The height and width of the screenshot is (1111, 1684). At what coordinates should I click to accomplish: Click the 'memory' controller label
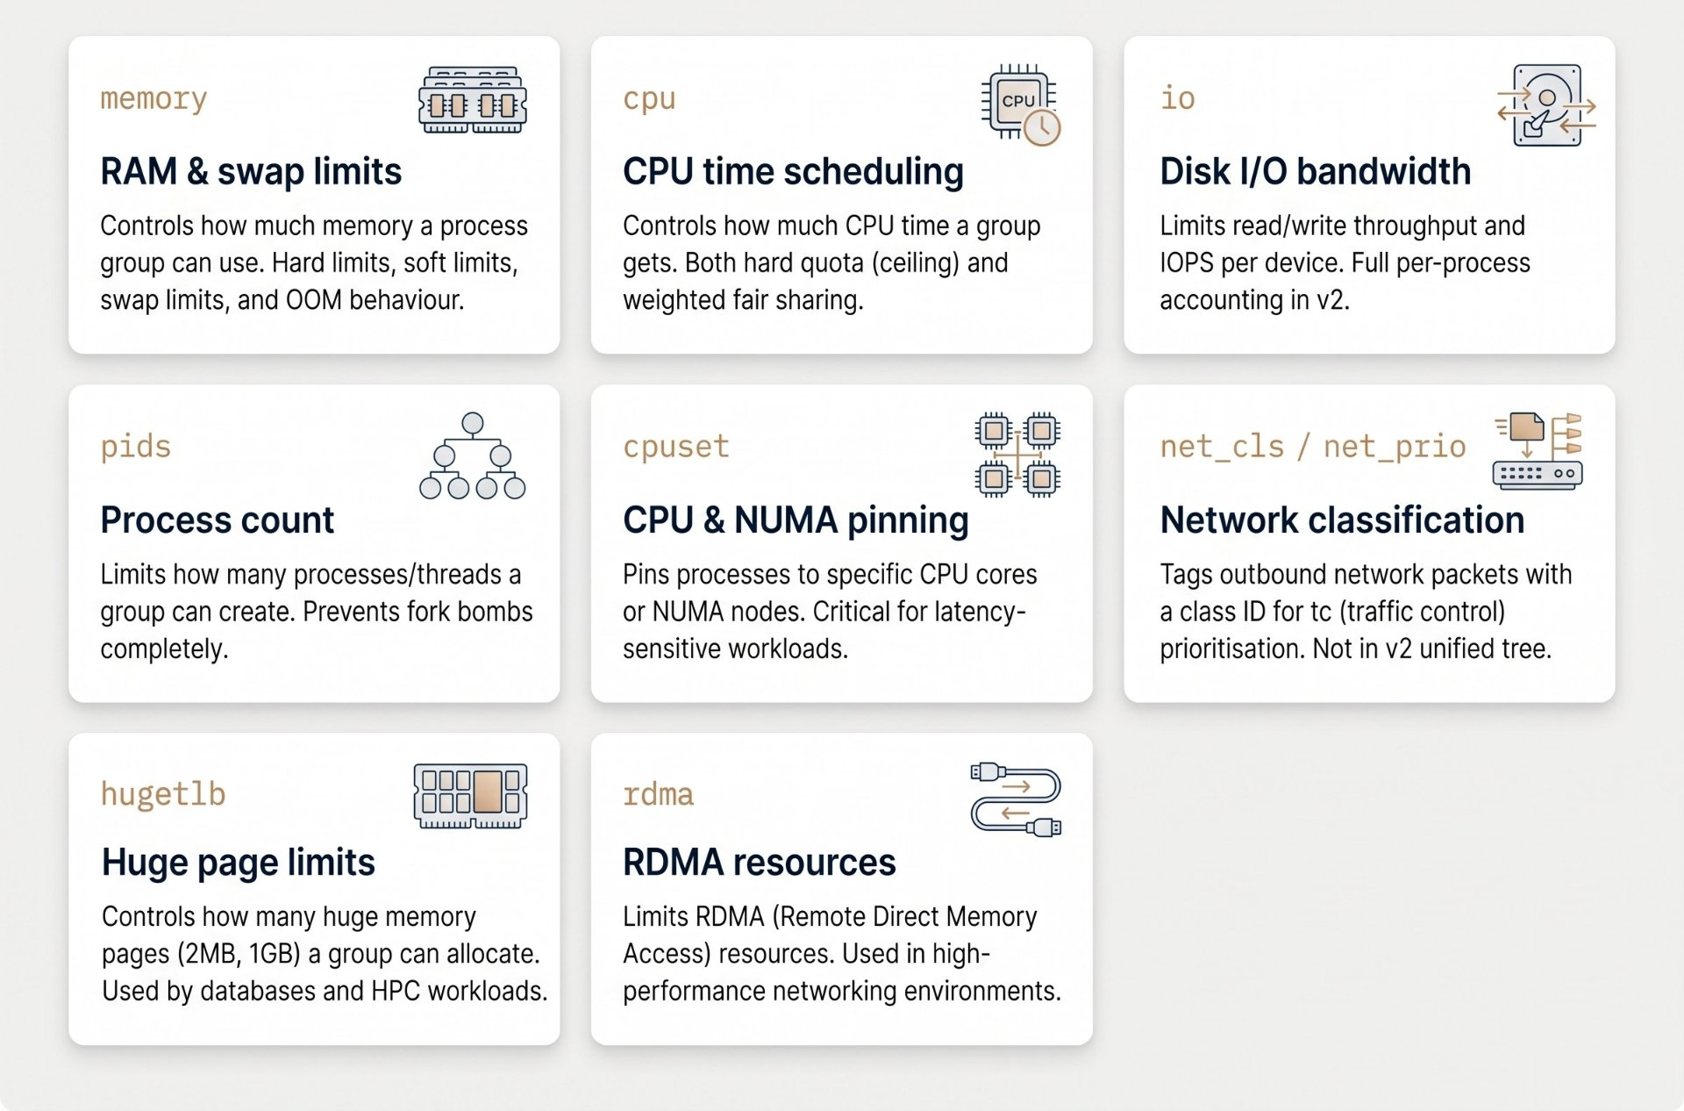(153, 98)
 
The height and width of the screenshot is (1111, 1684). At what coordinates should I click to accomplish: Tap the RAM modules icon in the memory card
(473, 99)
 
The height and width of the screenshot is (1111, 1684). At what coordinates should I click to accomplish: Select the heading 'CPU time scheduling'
(793, 171)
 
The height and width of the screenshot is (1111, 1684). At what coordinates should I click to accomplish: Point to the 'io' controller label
(1177, 97)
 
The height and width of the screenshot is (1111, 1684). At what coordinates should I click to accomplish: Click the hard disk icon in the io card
(1546, 105)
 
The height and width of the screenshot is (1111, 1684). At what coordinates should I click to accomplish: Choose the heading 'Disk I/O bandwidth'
(1315, 171)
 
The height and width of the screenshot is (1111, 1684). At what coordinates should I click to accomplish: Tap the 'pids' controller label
(136, 446)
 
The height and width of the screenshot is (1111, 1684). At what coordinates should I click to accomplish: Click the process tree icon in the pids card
(473, 455)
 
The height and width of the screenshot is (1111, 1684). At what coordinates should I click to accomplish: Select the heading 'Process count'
(218, 520)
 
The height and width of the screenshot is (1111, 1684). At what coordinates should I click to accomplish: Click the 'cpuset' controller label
(676, 446)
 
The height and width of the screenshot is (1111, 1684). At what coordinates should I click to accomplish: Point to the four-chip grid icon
(1017, 455)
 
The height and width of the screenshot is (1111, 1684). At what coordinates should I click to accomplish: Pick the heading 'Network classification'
(1342, 520)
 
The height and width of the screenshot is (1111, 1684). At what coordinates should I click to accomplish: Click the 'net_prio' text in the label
(1395, 447)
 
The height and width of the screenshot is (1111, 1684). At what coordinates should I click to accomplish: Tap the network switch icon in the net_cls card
(1538, 450)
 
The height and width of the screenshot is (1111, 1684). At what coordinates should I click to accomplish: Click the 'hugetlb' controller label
(163, 793)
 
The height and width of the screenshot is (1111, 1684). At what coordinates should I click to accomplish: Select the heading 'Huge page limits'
(239, 862)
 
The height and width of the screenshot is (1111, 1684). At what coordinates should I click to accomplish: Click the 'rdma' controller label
(658, 794)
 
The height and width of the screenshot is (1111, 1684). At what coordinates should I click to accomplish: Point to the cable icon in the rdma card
(1016, 799)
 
